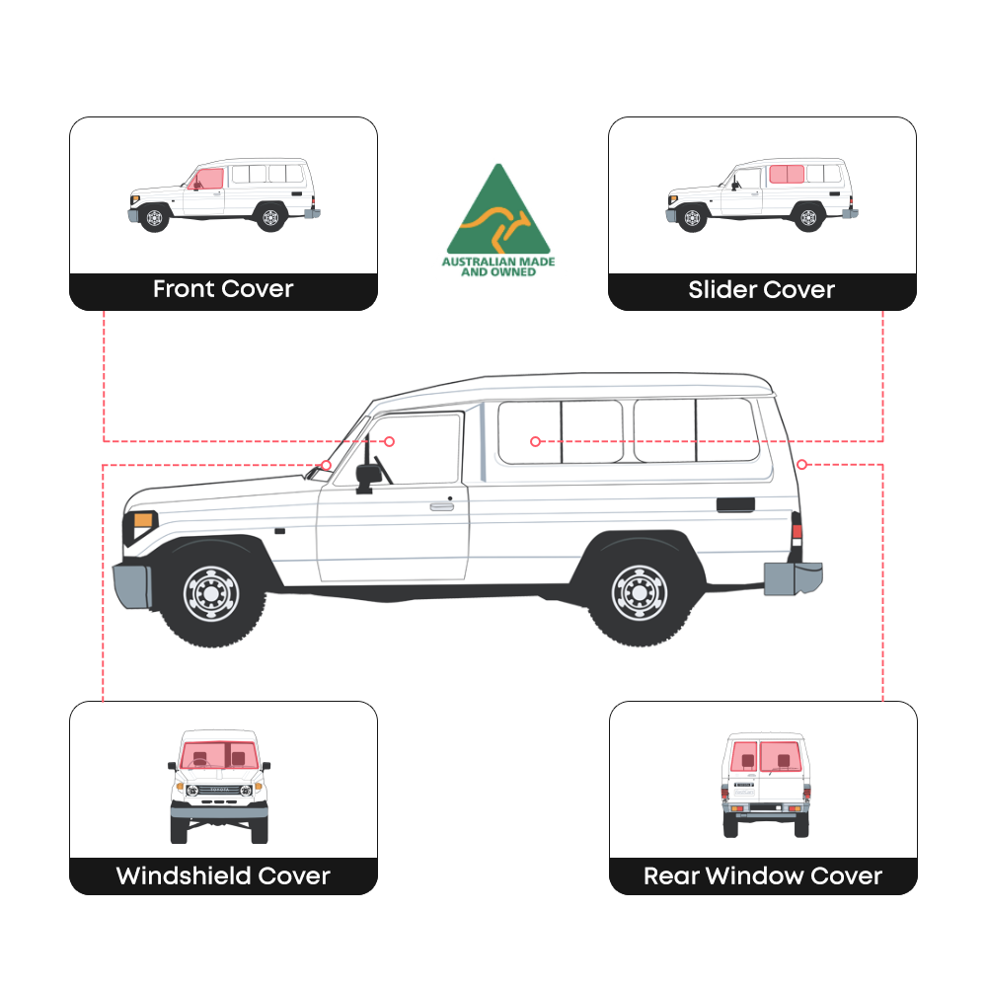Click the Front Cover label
tap(223, 290)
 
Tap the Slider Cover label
tap(761, 290)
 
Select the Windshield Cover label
tap(223, 875)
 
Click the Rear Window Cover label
tap(763, 875)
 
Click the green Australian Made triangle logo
tap(497, 212)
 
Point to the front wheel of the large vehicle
tap(211, 592)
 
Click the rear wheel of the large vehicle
tap(639, 592)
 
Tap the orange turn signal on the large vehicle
tap(143, 520)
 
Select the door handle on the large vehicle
tap(441, 505)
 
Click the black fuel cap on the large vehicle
tap(735, 504)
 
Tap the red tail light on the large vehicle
tap(797, 533)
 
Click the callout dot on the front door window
tap(389, 441)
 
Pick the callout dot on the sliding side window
tap(535, 441)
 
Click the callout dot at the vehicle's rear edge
tap(802, 464)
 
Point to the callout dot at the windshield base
tap(326, 464)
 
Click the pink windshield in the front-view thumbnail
tap(218, 755)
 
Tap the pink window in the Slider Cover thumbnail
tap(787, 175)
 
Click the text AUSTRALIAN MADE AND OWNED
tap(497, 266)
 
